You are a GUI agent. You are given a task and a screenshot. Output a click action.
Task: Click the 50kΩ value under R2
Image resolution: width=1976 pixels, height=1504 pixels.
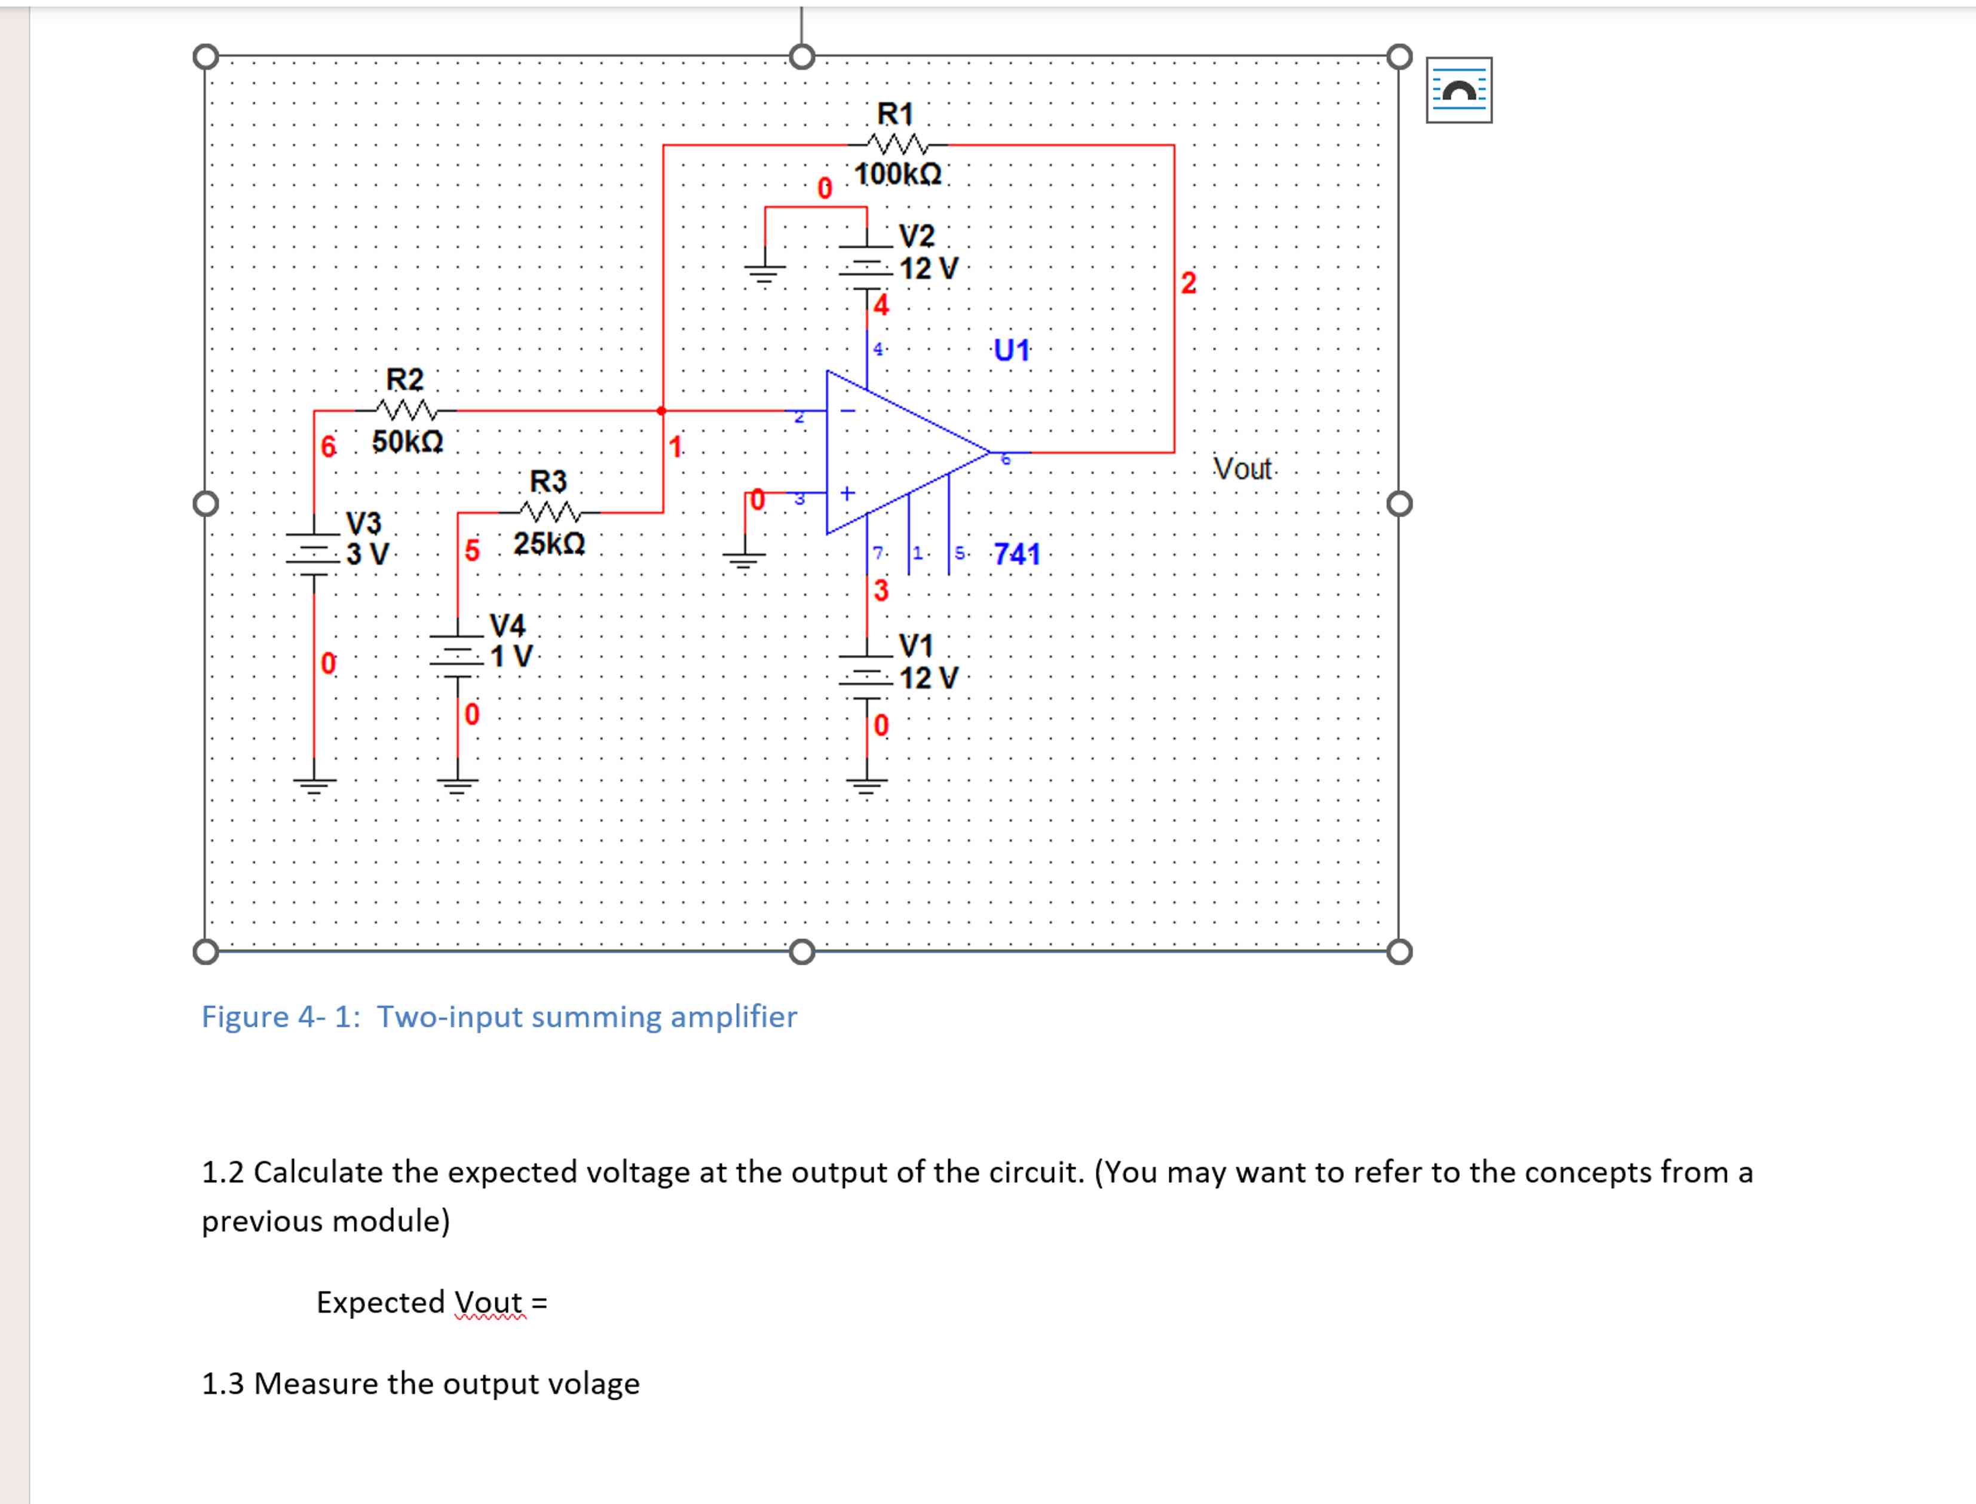click(408, 442)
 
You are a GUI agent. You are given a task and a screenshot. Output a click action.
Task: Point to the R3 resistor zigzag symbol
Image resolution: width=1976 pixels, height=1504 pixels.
click(549, 512)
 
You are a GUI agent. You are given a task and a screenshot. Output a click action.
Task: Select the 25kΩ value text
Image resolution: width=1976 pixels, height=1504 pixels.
click(549, 543)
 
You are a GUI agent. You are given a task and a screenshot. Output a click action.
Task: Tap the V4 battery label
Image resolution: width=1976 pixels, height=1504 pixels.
click(507, 624)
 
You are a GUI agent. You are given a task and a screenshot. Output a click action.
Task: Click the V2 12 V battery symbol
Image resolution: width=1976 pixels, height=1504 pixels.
click(866, 267)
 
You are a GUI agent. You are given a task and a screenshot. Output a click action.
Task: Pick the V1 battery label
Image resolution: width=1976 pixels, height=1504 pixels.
click(916, 645)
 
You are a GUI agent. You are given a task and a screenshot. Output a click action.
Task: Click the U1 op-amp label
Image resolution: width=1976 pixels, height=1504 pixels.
click(1012, 350)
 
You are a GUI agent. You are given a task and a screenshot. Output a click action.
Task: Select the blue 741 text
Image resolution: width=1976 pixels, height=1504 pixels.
click(1017, 554)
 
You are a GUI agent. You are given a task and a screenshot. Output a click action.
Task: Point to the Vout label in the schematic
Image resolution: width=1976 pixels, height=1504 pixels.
click(1242, 468)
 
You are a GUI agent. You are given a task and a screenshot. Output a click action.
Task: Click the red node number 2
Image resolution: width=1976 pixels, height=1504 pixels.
click(1188, 283)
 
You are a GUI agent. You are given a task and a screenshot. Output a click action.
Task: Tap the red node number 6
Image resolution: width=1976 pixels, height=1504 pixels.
click(329, 446)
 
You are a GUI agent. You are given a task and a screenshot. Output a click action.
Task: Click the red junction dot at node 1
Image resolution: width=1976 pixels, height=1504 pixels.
click(661, 411)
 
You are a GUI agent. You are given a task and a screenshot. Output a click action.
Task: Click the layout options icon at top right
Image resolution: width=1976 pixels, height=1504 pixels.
click(1459, 90)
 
